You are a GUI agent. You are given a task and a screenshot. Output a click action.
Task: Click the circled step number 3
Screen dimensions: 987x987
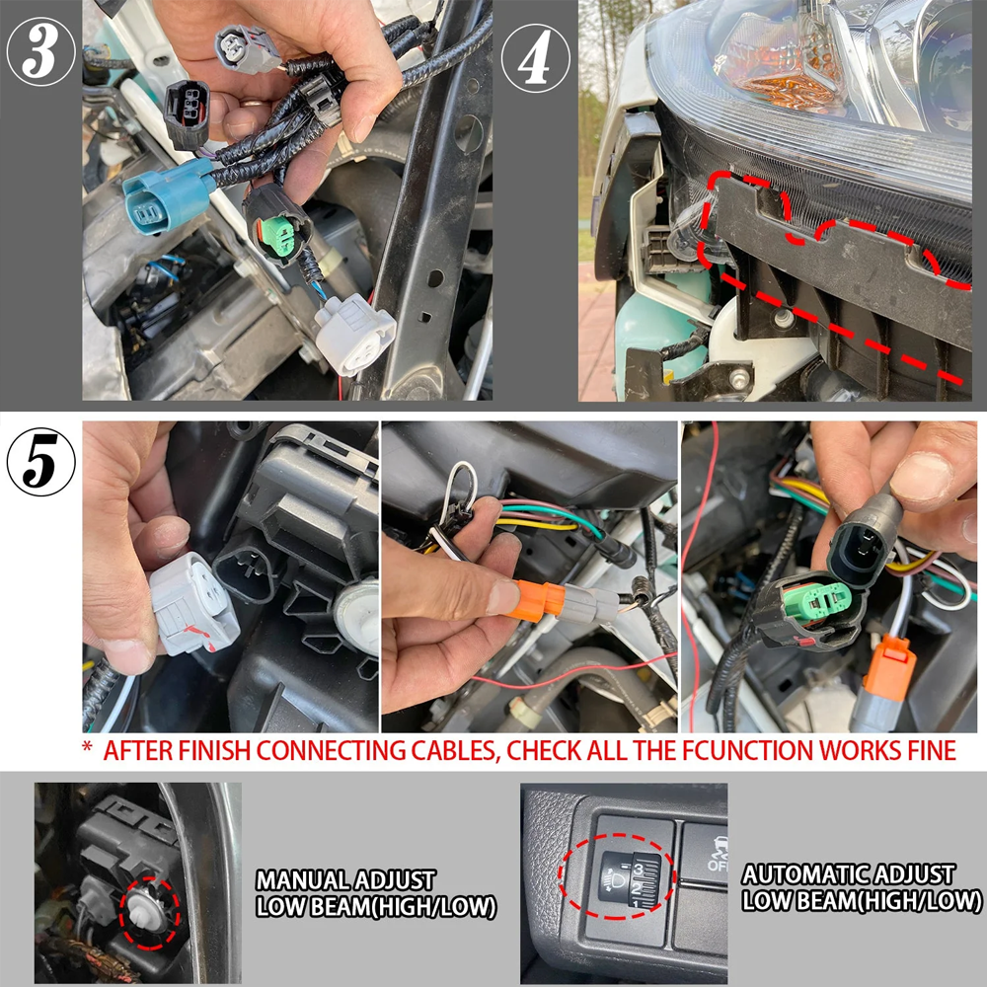click(40, 51)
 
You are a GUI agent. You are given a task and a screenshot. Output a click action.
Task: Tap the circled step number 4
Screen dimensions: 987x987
click(536, 58)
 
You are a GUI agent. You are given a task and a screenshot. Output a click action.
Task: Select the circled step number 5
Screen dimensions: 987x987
click(40, 461)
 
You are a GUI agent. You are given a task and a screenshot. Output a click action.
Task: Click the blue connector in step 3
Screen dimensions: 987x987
click(167, 196)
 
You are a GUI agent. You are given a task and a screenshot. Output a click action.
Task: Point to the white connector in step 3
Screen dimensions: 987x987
click(354, 334)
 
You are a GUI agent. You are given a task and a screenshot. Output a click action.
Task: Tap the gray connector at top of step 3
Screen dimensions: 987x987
click(247, 49)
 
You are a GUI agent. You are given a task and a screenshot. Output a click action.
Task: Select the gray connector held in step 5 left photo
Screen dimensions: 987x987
click(193, 604)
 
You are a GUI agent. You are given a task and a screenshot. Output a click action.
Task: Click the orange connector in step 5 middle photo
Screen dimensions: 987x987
click(536, 601)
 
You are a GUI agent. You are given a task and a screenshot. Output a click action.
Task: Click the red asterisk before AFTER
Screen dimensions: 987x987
click(88, 746)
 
